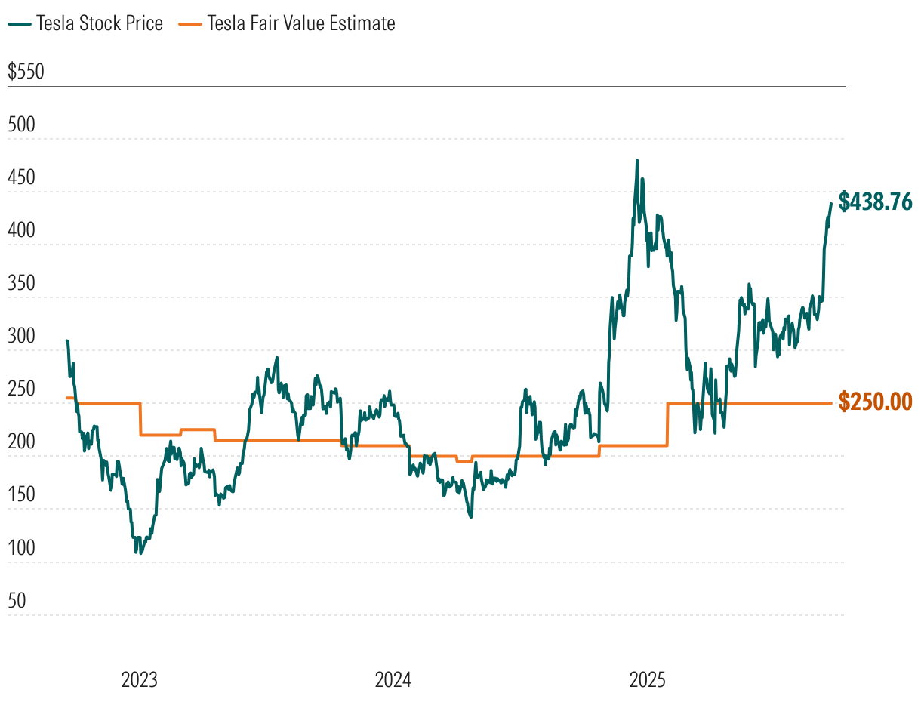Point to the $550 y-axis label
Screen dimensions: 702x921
[26, 72]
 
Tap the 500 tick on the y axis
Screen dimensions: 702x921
[21, 125]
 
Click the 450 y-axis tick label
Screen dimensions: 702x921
[21, 178]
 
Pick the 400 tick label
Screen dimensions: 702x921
[21, 231]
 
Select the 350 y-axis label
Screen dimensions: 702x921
[21, 284]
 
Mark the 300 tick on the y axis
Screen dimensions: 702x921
[21, 337]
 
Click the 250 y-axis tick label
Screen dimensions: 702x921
[21, 389]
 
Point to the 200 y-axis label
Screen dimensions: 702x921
[21, 442]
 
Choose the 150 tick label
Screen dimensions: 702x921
[21, 495]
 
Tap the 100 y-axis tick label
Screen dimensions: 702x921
[21, 548]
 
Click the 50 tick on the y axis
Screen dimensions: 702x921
[17, 601]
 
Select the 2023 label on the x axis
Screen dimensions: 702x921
[140, 680]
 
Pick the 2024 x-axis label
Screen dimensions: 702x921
[393, 680]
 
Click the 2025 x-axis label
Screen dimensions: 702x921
[647, 680]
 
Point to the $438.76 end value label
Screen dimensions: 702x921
[876, 202]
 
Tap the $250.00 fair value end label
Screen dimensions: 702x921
[876, 402]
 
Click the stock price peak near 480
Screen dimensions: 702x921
[637, 160]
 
